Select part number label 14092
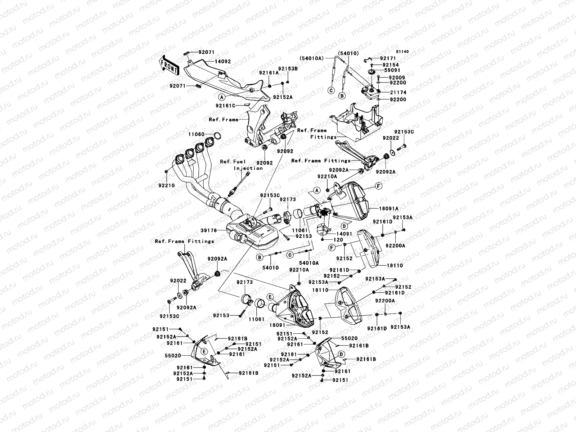tap(223, 61)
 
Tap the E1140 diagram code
tap(402, 52)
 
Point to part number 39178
tap(208, 230)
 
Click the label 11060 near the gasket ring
tap(196, 134)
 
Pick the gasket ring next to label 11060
tap(217, 136)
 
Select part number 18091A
tap(389, 208)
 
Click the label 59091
tap(392, 70)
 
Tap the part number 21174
tap(398, 92)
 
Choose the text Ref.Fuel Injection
tap(241, 165)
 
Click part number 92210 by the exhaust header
tap(166, 185)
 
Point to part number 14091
tap(344, 233)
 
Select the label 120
tap(338, 240)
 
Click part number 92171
tap(388, 58)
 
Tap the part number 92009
tap(397, 78)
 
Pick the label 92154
tap(391, 65)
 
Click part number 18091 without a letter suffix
tap(277, 325)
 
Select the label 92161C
tap(225, 105)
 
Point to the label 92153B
tap(288, 68)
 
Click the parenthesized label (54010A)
tap(312, 58)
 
